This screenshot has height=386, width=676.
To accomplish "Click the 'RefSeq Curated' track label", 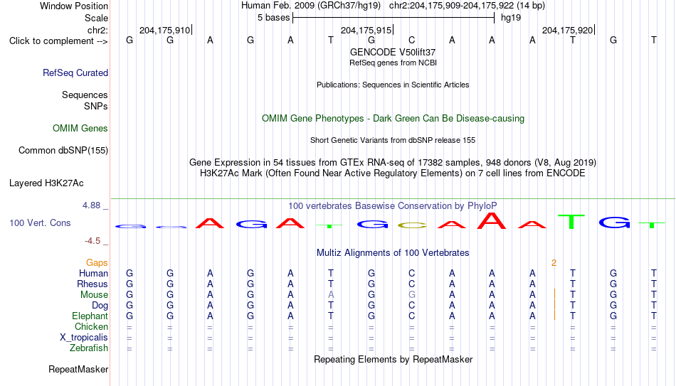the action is pos(75,73).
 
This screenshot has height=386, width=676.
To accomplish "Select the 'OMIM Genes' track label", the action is pos(80,129).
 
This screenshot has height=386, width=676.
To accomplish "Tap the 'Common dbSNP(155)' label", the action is pos(63,151).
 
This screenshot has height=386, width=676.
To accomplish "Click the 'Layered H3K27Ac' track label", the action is pos(46,183).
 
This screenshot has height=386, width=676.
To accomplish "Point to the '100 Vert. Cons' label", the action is pos(40,223).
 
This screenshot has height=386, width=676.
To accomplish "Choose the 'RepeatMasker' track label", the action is pos(78,369).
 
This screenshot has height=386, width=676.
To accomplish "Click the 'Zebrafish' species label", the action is pos(89,348).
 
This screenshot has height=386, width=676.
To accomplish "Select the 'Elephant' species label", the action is pos(90,316).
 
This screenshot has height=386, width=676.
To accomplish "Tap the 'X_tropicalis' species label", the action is pos(84,338).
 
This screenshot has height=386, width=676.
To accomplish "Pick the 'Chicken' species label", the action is pos(91,326).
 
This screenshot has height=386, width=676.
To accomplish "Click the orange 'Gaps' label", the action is pos(97,263).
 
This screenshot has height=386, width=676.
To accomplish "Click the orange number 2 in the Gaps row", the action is pos(554,263).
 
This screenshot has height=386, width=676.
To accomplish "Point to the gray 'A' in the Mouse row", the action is pos(331,295).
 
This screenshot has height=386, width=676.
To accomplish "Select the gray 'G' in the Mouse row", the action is pos(412,295).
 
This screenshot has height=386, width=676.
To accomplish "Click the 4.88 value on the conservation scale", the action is pos(91,205).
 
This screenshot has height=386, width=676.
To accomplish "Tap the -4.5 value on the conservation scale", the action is pos(93,241).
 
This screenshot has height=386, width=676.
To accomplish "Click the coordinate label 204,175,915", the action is pos(366,30).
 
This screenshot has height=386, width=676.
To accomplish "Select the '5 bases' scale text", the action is pos(274,18).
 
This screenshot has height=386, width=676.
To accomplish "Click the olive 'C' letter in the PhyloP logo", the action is pos(412,225).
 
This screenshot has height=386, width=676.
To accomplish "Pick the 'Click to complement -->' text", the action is pos(58,41).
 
